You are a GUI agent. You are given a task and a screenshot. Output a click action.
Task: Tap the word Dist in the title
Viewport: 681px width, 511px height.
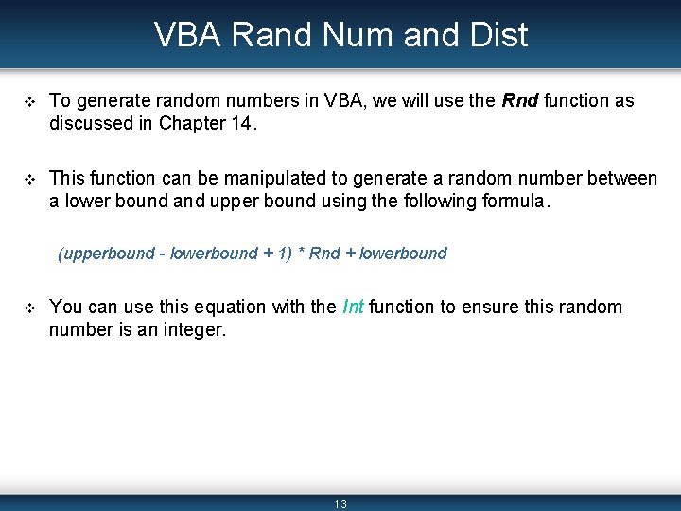[498, 35]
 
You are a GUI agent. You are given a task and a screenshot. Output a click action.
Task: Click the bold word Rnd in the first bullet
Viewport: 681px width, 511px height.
[517, 100]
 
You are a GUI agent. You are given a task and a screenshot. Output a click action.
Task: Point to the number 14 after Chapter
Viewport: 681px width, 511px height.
[242, 123]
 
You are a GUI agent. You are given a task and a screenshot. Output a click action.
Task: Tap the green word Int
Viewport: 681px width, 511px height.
[353, 307]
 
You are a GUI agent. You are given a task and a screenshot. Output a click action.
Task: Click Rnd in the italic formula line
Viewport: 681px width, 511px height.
[324, 254]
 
